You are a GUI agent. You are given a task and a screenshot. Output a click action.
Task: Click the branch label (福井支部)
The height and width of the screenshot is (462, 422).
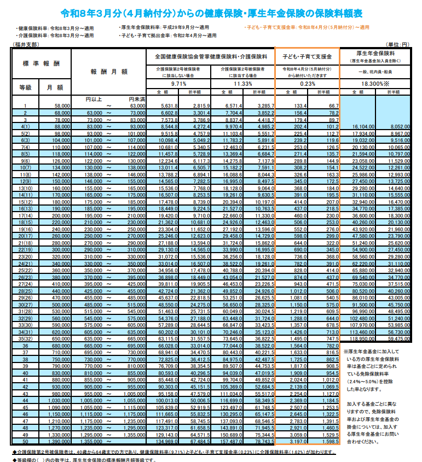26,44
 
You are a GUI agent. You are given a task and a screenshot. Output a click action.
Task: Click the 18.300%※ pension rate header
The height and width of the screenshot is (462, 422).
374,84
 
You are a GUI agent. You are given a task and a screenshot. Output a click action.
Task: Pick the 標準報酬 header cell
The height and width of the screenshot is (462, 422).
42,65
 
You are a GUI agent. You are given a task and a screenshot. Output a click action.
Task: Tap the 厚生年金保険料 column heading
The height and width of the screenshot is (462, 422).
374,54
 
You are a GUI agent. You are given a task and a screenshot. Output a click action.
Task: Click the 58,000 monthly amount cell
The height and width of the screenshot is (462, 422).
61,106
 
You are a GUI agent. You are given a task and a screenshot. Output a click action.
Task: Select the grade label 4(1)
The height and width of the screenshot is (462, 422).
25,126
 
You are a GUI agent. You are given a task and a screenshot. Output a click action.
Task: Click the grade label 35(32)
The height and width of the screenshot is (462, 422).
25,338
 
